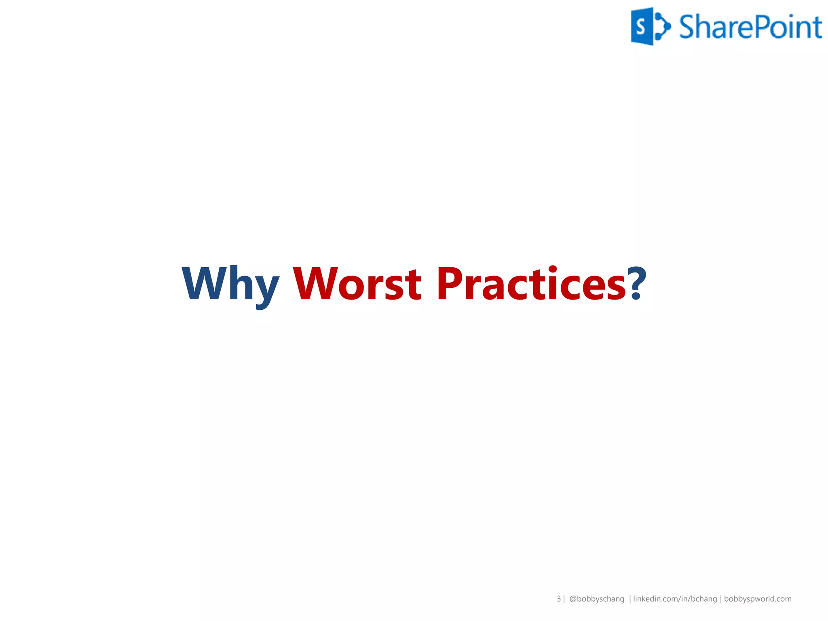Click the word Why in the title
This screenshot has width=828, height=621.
click(x=230, y=284)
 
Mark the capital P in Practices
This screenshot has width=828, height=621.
click(x=449, y=284)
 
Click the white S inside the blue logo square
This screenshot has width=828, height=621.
click(x=640, y=27)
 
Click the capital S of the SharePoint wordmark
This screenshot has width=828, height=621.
click(x=687, y=27)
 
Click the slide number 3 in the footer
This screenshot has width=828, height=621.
click(x=559, y=599)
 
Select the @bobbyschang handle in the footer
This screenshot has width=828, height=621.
click(x=597, y=599)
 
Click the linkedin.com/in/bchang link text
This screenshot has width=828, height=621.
click(x=675, y=599)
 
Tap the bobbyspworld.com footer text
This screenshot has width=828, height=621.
click(x=758, y=599)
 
